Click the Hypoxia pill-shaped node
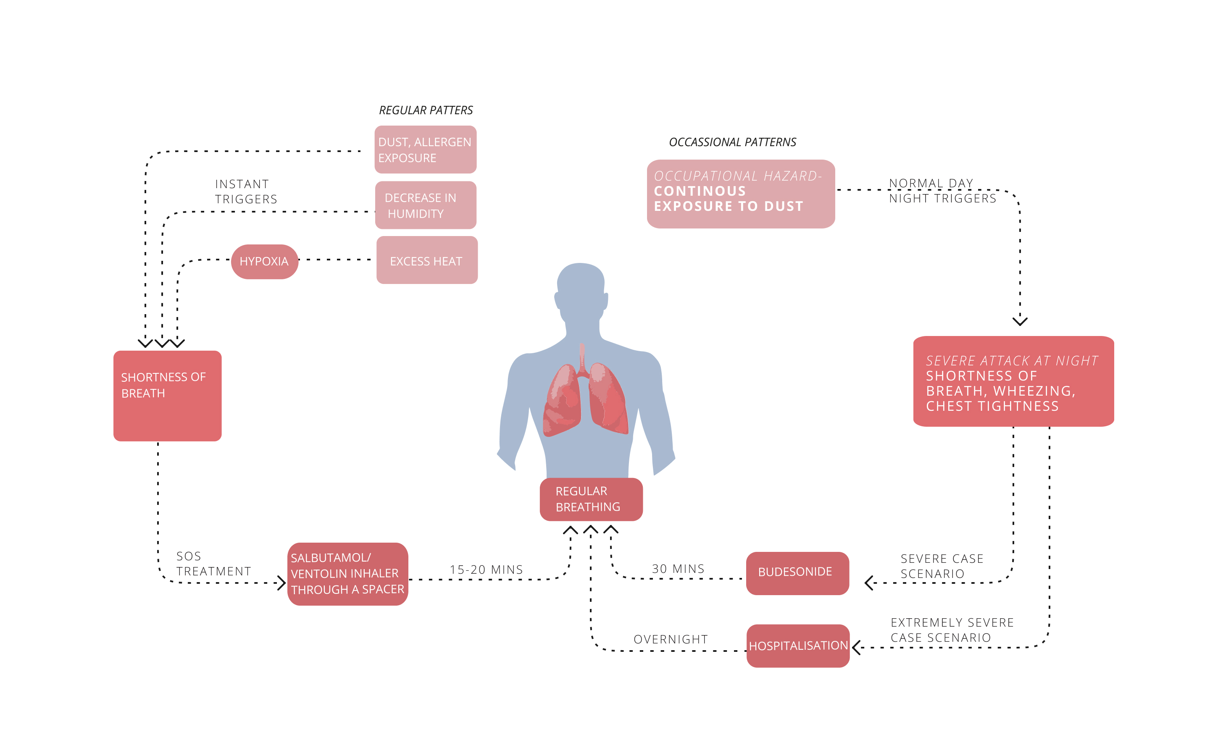pos(265,262)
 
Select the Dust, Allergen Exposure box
pos(425,150)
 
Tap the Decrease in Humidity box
pos(425,205)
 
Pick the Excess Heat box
pos(426,260)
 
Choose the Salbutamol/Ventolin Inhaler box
pos(347,573)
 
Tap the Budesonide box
pos(797,572)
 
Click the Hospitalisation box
pos(797,646)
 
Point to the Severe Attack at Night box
pos(1013,381)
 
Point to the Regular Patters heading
pos(426,110)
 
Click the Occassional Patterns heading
pos(732,142)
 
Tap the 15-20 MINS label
pos(486,570)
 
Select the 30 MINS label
pos(678,569)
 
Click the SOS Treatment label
pos(213,564)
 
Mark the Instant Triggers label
pos(245,192)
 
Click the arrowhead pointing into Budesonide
pos(869,583)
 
